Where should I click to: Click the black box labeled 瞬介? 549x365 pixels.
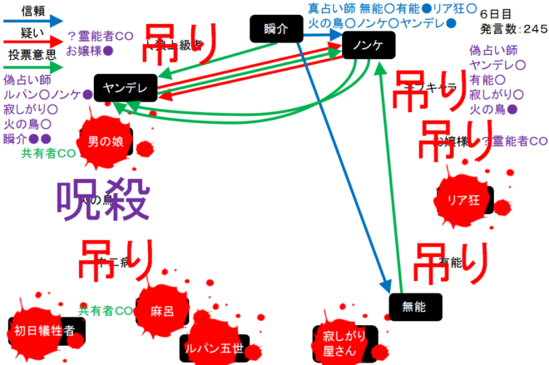pyautogui.click(x=274, y=29)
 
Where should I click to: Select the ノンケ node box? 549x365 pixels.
pyautogui.click(x=367, y=45)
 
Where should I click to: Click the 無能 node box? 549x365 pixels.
pyautogui.click(x=413, y=305)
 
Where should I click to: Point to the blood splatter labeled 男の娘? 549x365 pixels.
pyautogui.click(x=106, y=142)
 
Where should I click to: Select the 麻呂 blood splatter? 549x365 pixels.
pyautogui.click(x=161, y=311)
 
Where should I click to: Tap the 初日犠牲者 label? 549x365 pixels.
pyautogui.click(x=45, y=330)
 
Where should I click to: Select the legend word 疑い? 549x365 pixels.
pyautogui.click(x=33, y=32)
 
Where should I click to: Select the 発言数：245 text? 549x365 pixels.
pyautogui.click(x=513, y=28)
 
